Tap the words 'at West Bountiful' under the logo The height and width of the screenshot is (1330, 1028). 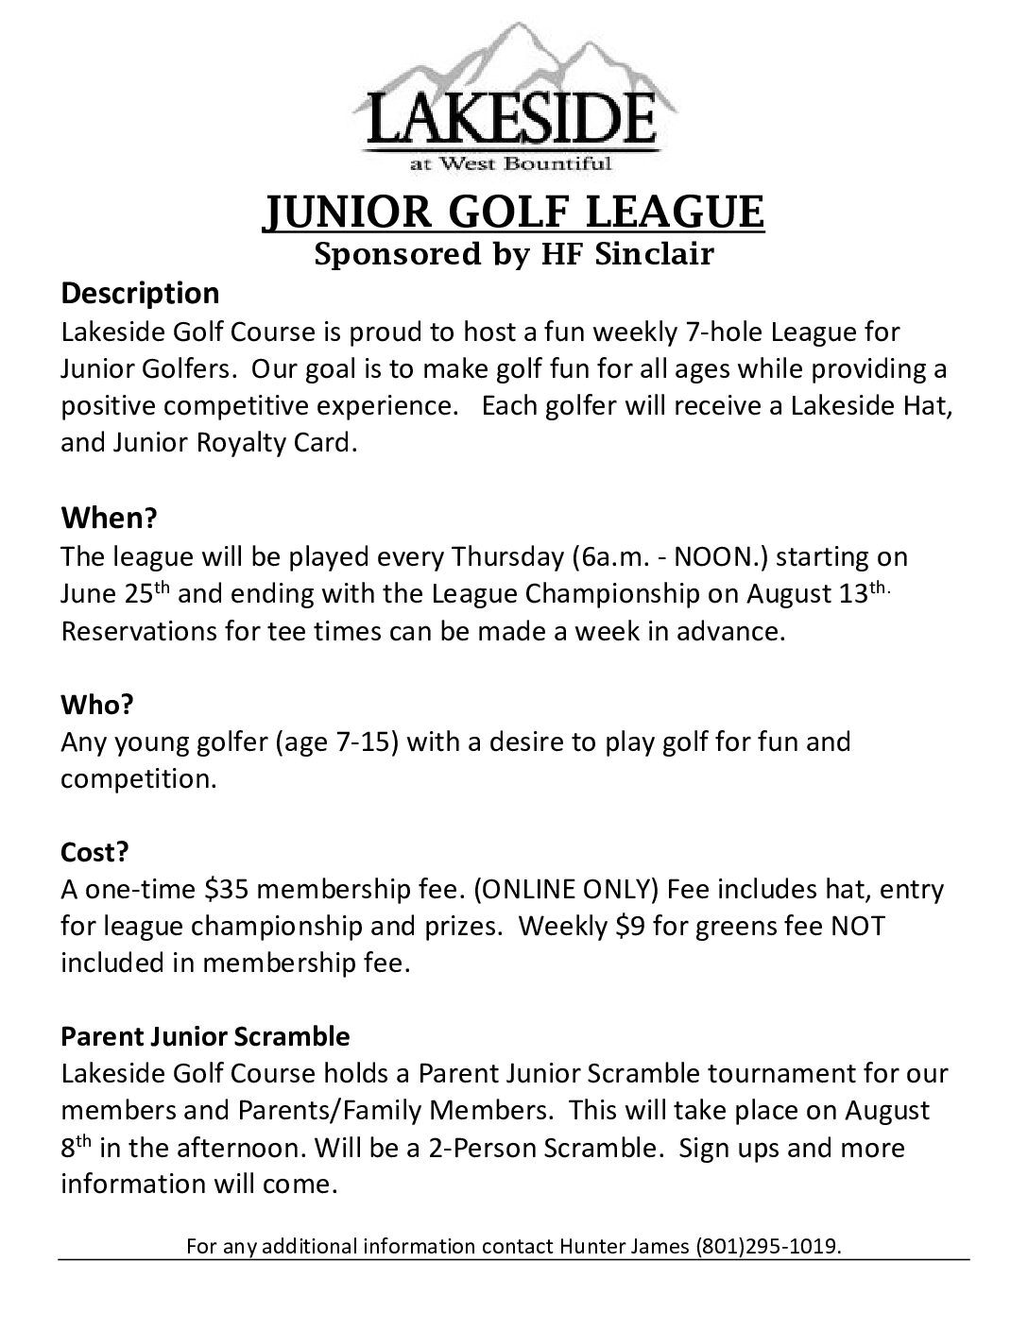point(510,164)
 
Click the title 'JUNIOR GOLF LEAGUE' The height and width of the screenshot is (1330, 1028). point(512,212)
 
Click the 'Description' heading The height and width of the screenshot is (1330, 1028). point(140,293)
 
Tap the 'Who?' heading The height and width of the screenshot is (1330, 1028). point(97,705)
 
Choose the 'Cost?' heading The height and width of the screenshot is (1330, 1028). point(94,851)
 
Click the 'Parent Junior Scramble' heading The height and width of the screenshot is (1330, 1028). point(205,1036)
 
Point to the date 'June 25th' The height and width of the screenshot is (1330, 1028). point(117,594)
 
